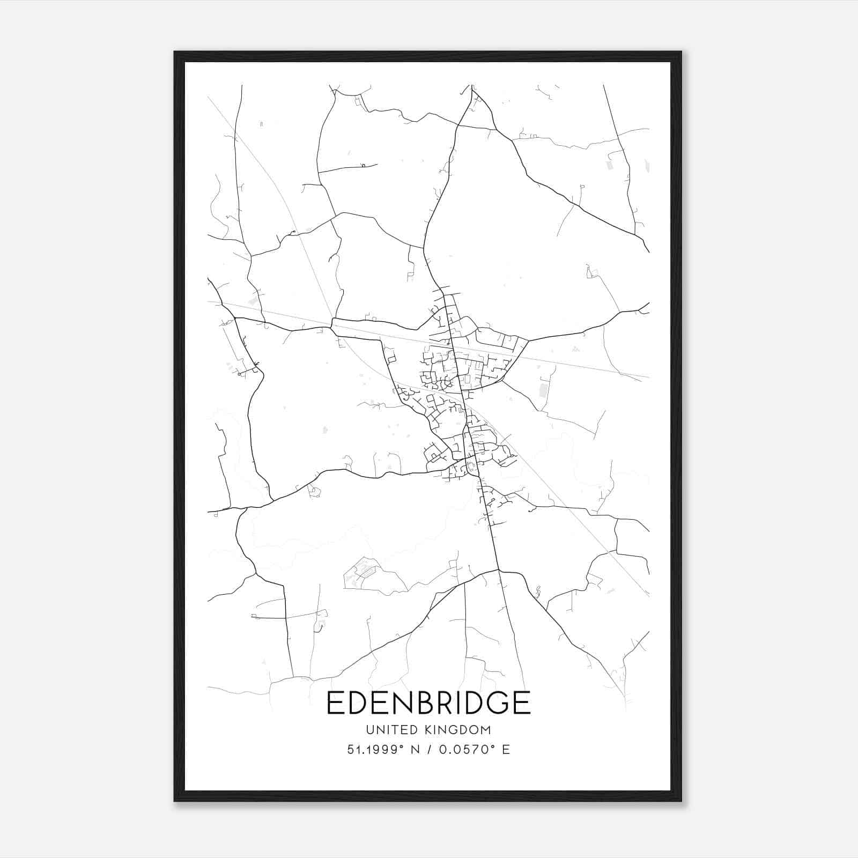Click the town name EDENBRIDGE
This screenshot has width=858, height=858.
(428, 703)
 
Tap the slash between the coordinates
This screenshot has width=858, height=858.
(429, 750)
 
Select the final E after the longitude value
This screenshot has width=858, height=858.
(506, 750)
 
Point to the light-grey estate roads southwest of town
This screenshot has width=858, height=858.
(360, 573)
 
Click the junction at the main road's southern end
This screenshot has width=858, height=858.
(499, 570)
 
